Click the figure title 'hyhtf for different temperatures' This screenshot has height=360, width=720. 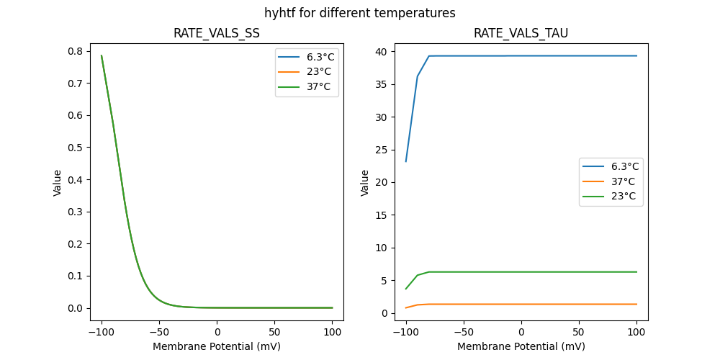point(359,13)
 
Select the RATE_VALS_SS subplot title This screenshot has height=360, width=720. point(216,33)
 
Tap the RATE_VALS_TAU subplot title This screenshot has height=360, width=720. point(521,33)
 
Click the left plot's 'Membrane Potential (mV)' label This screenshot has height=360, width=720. point(216,346)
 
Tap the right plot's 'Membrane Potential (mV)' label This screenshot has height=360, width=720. point(521,346)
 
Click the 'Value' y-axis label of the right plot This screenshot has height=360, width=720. point(365,183)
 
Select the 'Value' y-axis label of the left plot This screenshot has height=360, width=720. point(58,183)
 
